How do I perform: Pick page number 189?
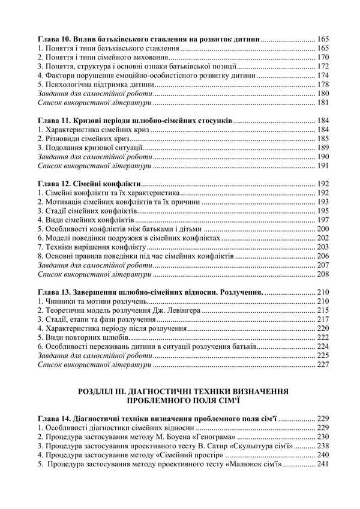pyautogui.click(x=323, y=148)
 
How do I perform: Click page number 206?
pyautogui.click(x=323, y=256)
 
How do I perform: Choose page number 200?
pyautogui.click(x=323, y=229)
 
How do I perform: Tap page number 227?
pyautogui.click(x=323, y=364)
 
